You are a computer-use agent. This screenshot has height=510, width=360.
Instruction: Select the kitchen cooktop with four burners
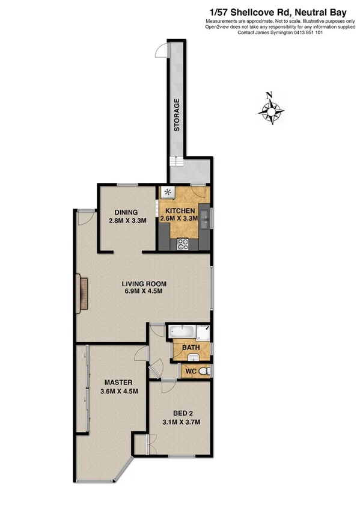(x=183, y=244)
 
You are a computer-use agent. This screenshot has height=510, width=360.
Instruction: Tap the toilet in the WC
(x=205, y=372)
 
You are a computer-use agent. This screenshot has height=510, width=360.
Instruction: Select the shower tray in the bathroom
(x=205, y=331)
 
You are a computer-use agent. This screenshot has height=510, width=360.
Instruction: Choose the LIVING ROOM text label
(x=144, y=283)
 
